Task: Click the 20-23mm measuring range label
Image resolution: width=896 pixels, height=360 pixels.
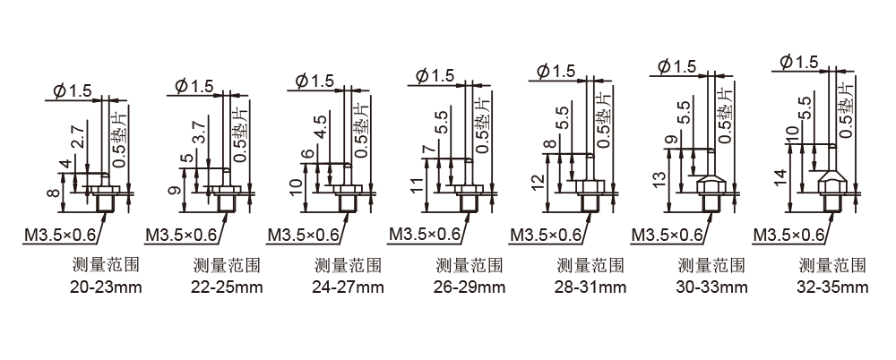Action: (106, 287)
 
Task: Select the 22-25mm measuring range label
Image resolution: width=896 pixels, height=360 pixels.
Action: (227, 287)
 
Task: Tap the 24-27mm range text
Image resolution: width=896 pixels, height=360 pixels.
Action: (348, 287)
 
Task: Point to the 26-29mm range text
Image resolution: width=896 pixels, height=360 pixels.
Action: (470, 287)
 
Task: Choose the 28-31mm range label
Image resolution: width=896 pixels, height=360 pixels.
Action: (590, 287)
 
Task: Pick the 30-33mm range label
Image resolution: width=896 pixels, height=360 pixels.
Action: (711, 287)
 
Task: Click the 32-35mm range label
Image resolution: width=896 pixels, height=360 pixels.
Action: (832, 287)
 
